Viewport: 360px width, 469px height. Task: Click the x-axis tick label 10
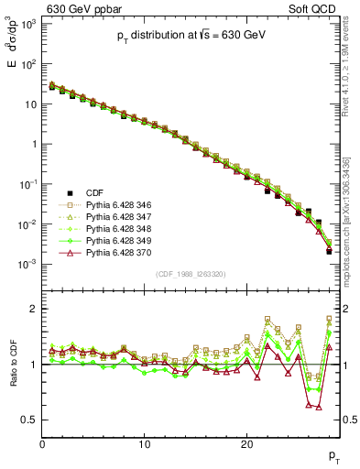[x=144, y=444]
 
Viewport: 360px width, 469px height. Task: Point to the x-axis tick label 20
[x=246, y=444]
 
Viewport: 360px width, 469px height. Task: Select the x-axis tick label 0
[x=42, y=444]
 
